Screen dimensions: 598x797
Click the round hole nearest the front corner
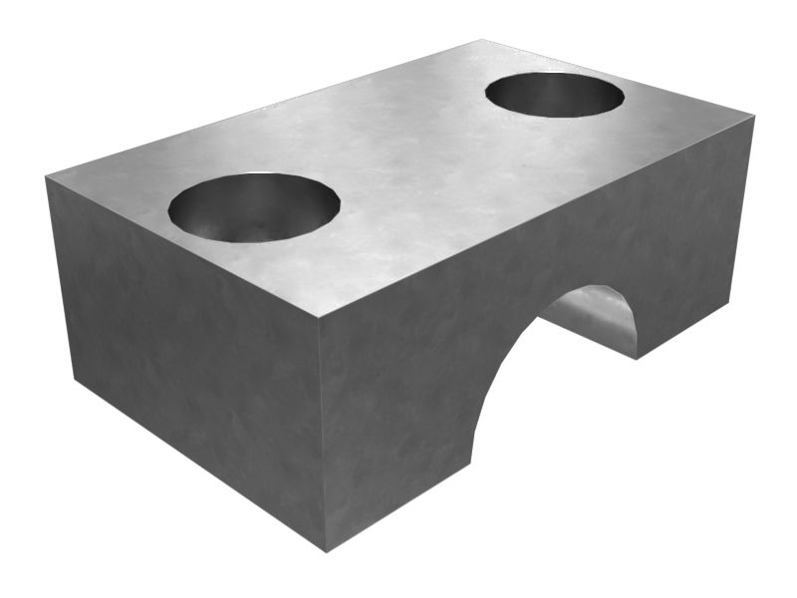click(x=254, y=207)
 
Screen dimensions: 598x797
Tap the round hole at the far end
click(x=555, y=95)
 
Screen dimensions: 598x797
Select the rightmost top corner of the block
click(x=754, y=117)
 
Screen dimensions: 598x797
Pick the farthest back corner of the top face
click(x=482, y=40)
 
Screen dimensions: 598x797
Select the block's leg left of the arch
click(x=398, y=439)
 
